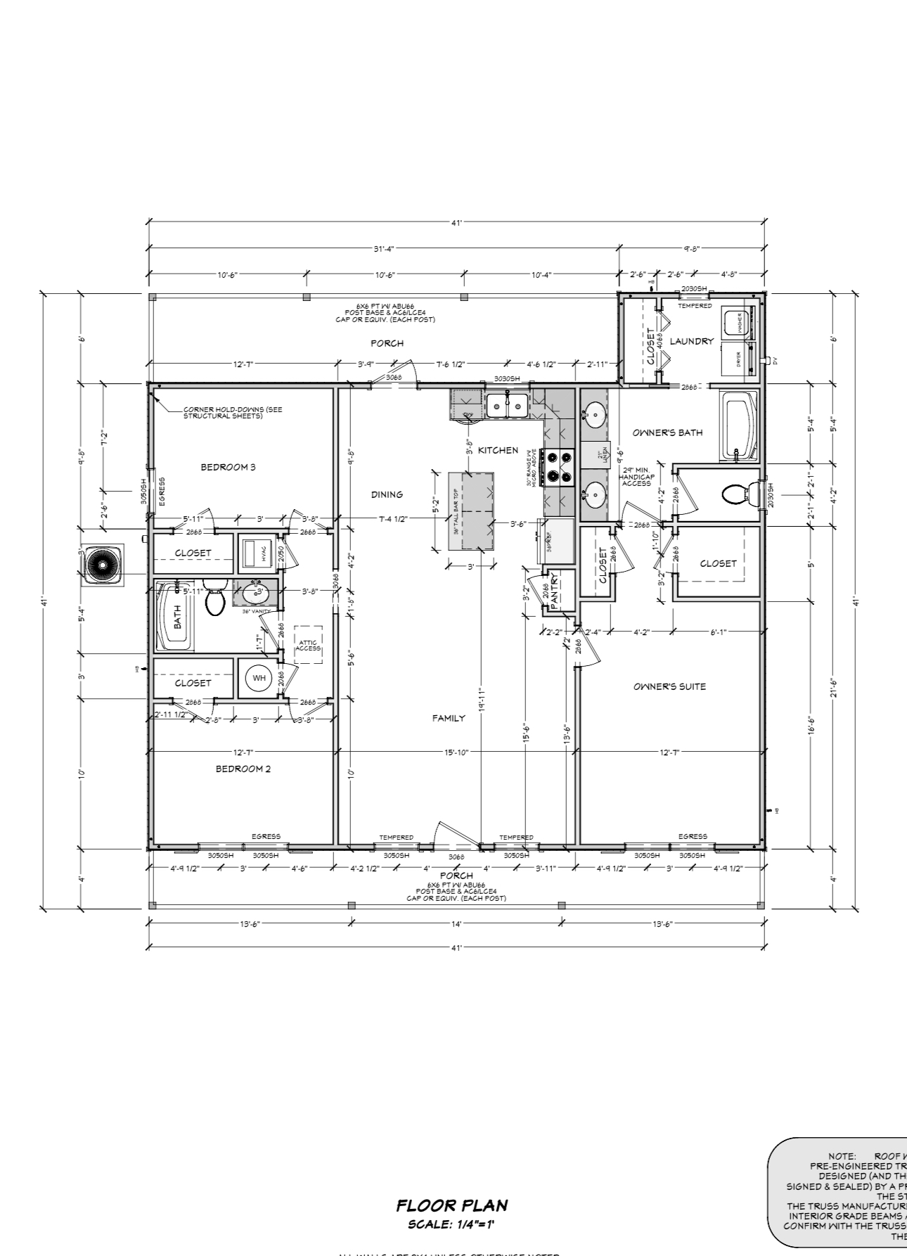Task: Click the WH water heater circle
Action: [259, 678]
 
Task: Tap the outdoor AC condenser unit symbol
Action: [103, 565]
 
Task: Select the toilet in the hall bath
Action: [214, 601]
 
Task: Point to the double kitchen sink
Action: [507, 405]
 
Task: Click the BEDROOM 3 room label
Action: [228, 467]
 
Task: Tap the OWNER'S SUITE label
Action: [669, 686]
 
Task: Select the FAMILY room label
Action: [449, 718]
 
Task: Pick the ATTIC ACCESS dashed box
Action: [308, 645]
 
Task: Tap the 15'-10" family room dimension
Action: [456, 752]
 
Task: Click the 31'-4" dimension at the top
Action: [383, 248]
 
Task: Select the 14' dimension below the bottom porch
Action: [456, 923]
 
